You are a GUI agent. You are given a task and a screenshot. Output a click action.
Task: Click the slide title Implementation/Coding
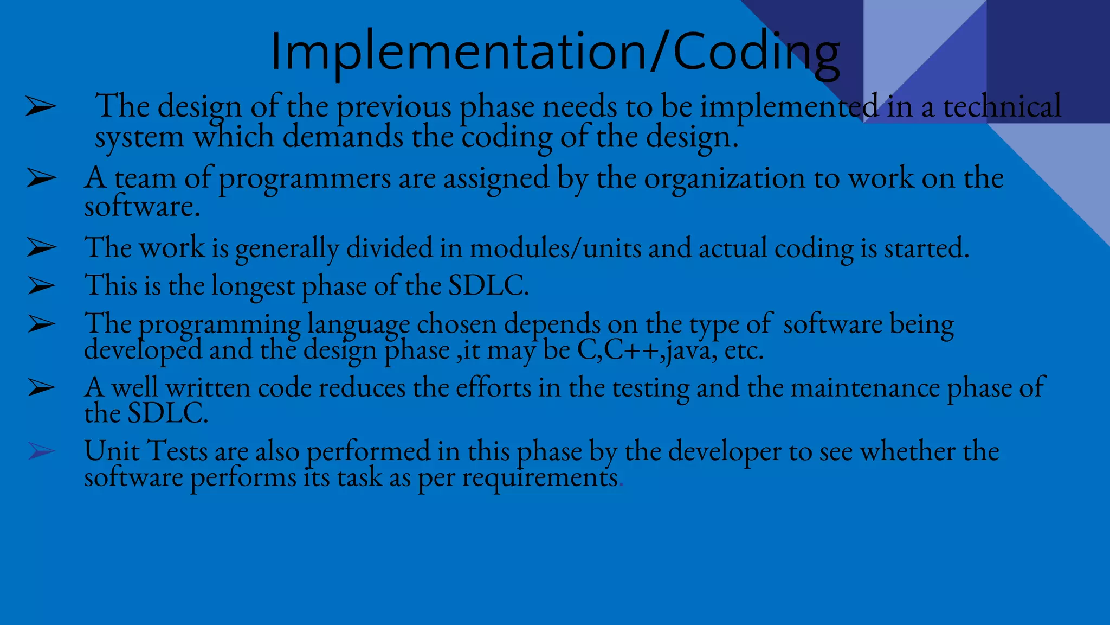[554, 52]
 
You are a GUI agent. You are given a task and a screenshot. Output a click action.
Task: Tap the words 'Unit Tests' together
[146, 451]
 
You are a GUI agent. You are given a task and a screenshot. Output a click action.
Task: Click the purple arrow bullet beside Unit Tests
[41, 451]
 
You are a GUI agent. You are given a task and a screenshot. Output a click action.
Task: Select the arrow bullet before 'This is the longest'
[41, 285]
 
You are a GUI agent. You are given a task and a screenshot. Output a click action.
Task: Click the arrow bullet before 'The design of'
[41, 107]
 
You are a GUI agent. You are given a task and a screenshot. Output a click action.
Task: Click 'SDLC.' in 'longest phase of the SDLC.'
[488, 285]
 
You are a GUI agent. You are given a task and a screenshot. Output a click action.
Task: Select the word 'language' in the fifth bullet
[358, 325]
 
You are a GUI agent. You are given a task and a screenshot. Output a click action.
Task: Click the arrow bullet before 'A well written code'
[41, 387]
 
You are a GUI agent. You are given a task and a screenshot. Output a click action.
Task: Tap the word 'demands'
[343, 137]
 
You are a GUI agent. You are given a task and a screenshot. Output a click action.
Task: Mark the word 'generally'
[287, 249]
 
